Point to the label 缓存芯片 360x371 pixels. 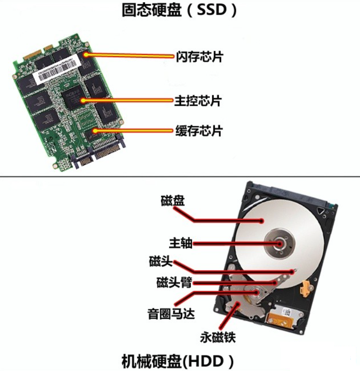pos(199,131)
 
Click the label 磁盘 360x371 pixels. pos(173,201)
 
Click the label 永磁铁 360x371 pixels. pos(217,338)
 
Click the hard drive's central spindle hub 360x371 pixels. pos(279,243)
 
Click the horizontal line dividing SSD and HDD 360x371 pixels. pos(180,177)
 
